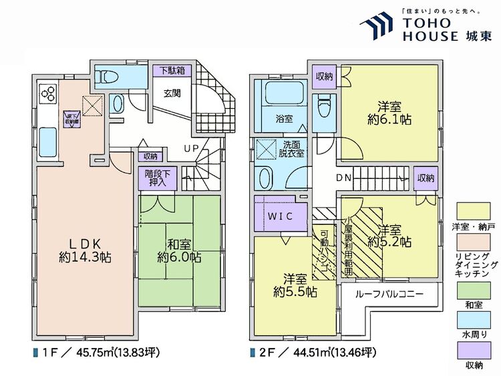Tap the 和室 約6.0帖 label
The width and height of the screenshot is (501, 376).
(178, 248)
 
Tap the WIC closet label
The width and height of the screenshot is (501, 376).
(281, 217)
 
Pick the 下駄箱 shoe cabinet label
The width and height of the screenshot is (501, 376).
(172, 70)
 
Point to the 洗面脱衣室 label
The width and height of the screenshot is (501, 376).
(292, 148)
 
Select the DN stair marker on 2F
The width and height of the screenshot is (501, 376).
(345, 178)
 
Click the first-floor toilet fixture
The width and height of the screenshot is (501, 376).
(117, 103)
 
